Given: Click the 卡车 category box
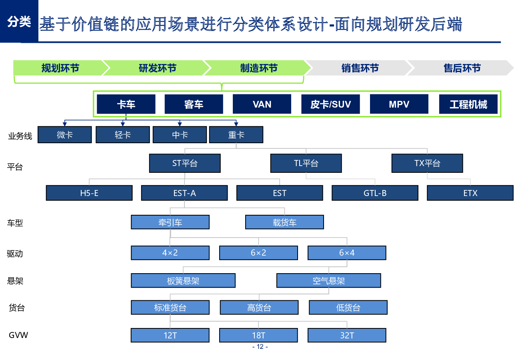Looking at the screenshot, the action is (126, 104).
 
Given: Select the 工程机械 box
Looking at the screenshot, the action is (468, 104).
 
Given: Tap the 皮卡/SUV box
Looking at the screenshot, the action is (330, 104).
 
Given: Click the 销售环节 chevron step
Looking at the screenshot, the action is (360, 68).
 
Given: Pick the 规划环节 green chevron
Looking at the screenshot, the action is (60, 68).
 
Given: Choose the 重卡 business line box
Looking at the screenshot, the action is (236, 135).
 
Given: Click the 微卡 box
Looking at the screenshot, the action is (65, 135).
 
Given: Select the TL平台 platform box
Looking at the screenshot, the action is (306, 163).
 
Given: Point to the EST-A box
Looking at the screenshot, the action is (184, 193).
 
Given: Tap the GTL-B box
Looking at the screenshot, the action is (375, 193).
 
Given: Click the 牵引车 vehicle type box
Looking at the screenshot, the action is (170, 222).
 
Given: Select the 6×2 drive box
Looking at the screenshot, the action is (258, 252).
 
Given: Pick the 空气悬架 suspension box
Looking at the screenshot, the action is (329, 281).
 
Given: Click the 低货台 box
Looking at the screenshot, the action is (348, 308).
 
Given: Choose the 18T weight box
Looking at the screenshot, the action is (258, 335).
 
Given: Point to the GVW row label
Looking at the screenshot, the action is (18, 335).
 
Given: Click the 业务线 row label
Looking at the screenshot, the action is (20, 136).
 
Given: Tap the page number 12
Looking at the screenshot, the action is (260, 346).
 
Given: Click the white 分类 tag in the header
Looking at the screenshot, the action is (19, 22).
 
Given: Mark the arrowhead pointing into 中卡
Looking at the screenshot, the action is (180, 124).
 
